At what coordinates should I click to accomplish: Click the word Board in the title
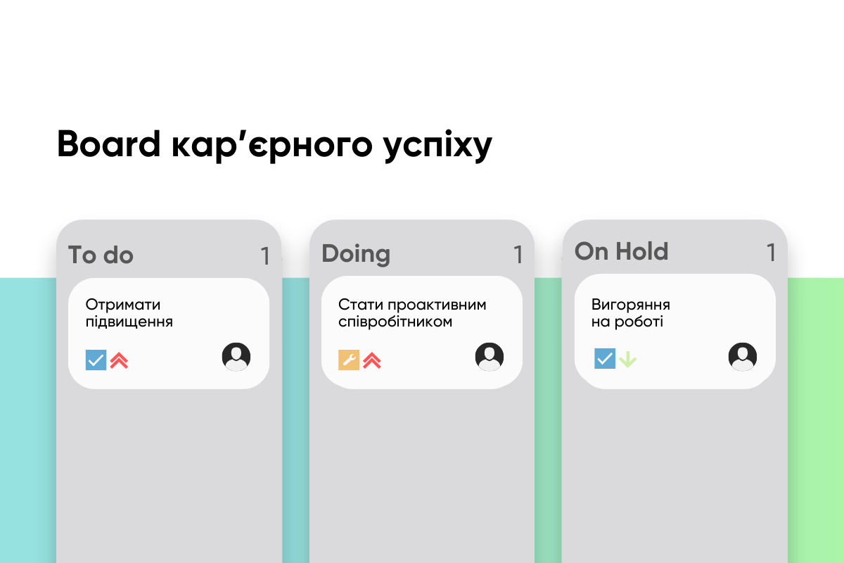click(109, 144)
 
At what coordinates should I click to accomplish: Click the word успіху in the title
click(437, 146)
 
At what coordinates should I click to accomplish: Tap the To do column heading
click(101, 255)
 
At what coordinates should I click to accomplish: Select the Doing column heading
click(356, 254)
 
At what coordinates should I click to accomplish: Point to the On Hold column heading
click(621, 251)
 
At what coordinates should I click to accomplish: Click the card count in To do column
click(266, 256)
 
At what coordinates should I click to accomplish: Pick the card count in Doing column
click(518, 255)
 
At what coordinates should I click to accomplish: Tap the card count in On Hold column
click(772, 252)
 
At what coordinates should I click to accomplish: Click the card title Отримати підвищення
click(129, 313)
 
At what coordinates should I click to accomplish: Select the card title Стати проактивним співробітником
click(412, 313)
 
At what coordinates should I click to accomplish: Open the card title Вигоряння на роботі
click(630, 313)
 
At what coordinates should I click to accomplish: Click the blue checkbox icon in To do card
click(96, 360)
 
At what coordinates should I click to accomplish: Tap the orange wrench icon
click(349, 360)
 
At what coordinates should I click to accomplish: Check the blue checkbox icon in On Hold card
click(605, 358)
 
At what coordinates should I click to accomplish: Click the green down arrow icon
click(627, 360)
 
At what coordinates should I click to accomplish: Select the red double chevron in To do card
click(119, 360)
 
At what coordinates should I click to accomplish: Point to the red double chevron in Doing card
click(372, 360)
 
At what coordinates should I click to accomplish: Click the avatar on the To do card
click(236, 357)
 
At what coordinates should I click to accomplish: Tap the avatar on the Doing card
click(490, 357)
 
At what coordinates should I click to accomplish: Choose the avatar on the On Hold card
click(743, 357)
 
